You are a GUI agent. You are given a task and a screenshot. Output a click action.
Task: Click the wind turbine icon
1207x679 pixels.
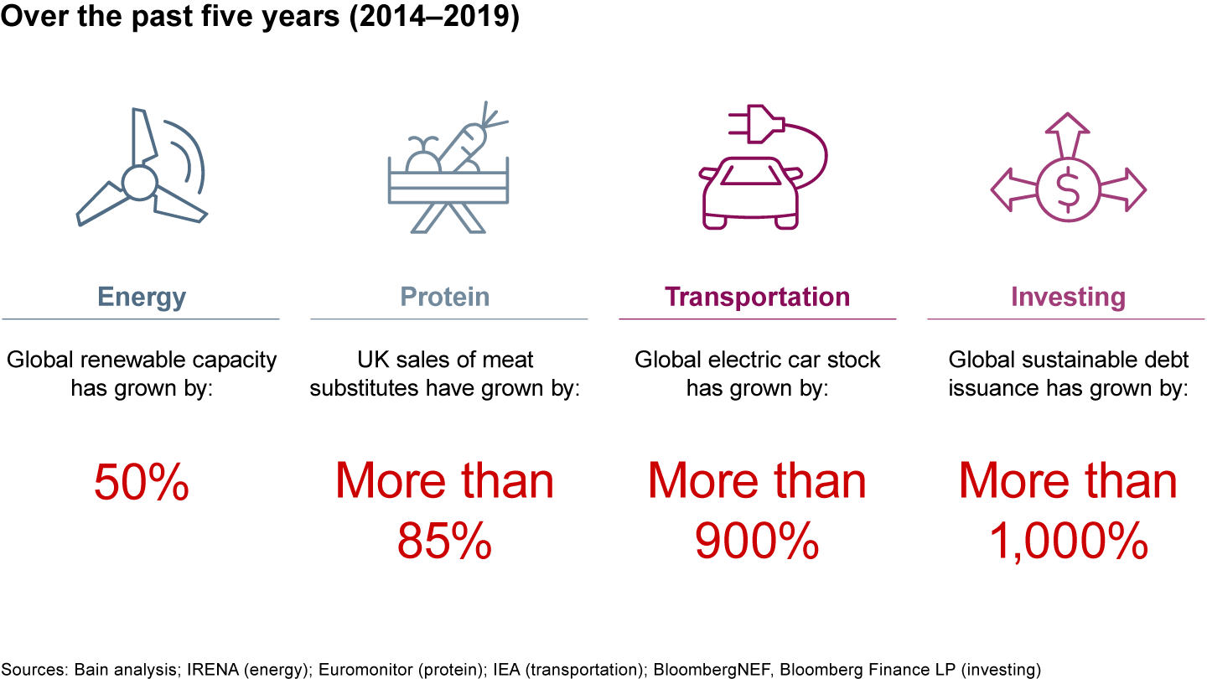pos(141,172)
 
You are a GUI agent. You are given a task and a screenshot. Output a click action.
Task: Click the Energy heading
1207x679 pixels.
pos(142,297)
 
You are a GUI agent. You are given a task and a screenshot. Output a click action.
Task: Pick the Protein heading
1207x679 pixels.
pos(445,297)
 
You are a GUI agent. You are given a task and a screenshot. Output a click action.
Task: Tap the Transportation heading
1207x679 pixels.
pos(758,297)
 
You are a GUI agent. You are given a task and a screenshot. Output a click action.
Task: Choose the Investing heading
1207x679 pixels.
pos(1068,297)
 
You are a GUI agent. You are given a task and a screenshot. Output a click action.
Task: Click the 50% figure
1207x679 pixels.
pos(142,484)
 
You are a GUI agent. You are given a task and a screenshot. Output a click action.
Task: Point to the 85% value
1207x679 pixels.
pos(444,542)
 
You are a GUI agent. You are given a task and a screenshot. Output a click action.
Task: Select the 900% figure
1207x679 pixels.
pos(757,542)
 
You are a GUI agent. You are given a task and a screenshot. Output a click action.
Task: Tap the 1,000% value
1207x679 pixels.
pos(1068,542)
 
